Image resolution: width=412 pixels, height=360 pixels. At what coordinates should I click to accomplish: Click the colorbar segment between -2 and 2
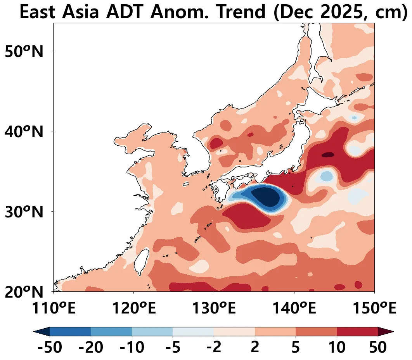234,332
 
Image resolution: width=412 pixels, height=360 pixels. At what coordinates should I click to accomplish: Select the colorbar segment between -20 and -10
111,332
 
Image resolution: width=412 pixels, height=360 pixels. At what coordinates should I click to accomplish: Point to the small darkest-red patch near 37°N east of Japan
328,155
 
